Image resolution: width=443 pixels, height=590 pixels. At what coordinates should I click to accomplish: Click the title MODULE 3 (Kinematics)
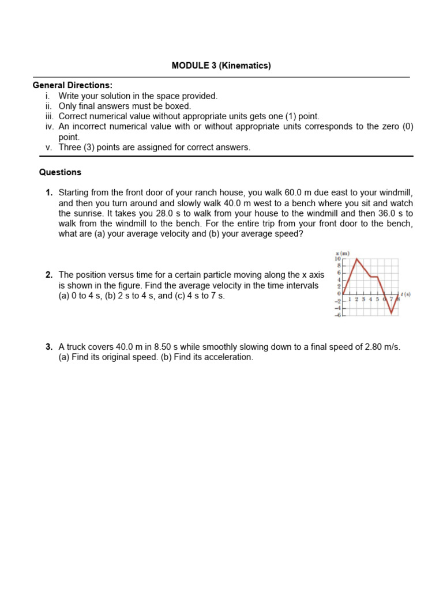click(x=221, y=66)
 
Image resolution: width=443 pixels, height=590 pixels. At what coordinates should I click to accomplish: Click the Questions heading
click(x=60, y=172)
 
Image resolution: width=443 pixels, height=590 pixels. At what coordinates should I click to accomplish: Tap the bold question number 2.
click(x=49, y=275)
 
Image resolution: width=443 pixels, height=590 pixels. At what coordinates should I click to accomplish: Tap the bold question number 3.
click(x=49, y=347)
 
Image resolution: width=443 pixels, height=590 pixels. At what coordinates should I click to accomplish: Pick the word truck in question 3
click(x=77, y=347)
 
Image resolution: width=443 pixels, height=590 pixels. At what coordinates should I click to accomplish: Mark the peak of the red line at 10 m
click(x=357, y=259)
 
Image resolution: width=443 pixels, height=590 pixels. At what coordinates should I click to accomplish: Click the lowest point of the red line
click(x=392, y=313)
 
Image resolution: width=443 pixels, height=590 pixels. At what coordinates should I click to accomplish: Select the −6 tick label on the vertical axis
click(x=339, y=315)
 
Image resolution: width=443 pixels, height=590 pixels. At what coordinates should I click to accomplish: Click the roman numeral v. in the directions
click(x=48, y=147)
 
